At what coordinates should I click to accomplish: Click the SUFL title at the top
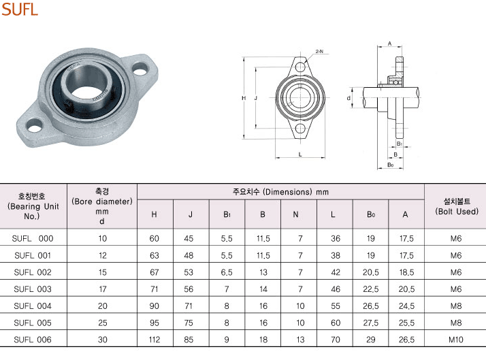[20, 9]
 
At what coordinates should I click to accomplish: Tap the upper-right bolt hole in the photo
[140, 69]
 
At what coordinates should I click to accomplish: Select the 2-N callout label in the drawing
[319, 52]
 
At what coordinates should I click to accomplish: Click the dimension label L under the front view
[300, 154]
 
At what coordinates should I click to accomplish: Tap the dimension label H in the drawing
[244, 98]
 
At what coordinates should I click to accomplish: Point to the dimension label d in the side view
[349, 98]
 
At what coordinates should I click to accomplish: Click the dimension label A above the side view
[389, 44]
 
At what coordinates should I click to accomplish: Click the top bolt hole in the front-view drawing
[300, 67]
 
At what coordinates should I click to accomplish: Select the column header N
[295, 214]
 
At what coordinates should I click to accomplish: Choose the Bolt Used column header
[457, 206]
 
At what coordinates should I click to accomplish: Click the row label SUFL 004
[33, 306]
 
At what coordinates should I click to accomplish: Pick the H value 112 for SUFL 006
[154, 340]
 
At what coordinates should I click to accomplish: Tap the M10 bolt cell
[455, 340]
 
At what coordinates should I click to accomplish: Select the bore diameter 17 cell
[103, 289]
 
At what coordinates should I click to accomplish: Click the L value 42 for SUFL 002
[336, 272]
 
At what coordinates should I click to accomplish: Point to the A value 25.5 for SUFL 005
[406, 323]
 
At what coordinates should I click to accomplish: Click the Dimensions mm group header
[280, 192]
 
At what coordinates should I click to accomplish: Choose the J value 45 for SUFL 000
[189, 239]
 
